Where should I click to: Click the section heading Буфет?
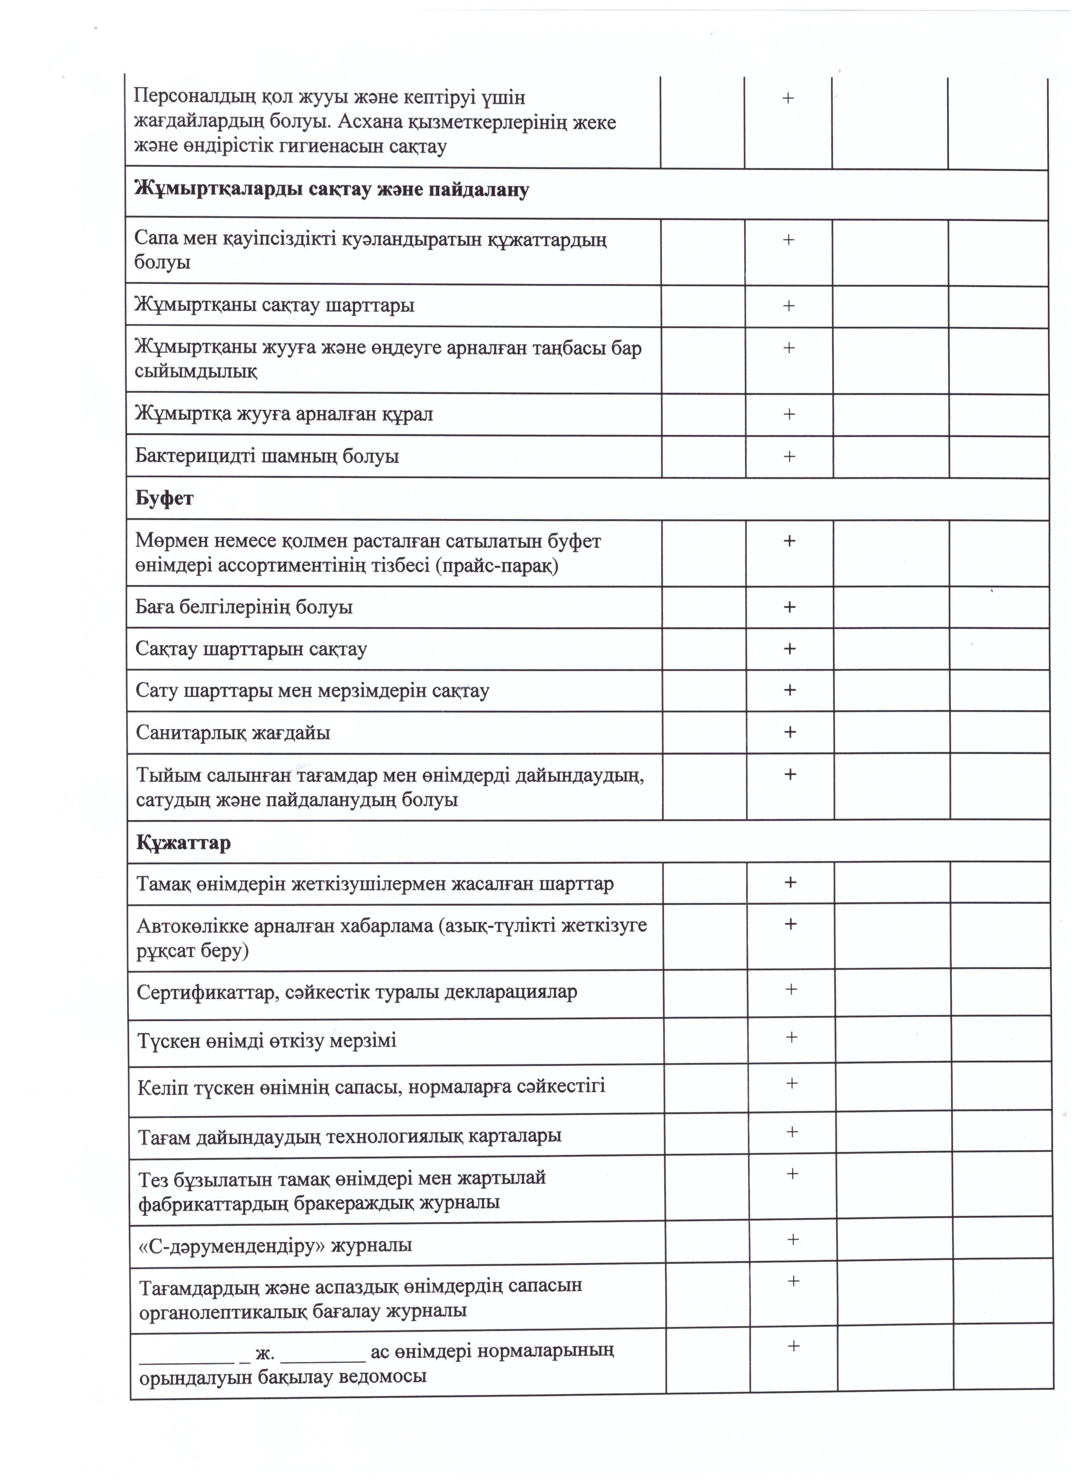164,498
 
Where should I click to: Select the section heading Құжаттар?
183,842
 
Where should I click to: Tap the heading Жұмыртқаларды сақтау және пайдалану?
332,190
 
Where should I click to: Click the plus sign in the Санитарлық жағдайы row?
790,731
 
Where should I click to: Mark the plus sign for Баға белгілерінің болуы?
790,607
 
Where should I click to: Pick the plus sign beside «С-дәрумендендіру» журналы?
793,1239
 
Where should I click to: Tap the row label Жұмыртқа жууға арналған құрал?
284,414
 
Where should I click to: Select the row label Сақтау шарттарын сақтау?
251,649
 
